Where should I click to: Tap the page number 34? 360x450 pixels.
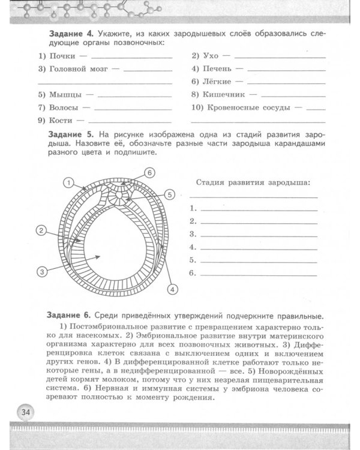click(26, 412)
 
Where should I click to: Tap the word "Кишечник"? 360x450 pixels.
click(225, 94)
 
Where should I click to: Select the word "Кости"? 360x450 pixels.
click(61, 121)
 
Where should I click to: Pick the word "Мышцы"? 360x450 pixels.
click(65, 94)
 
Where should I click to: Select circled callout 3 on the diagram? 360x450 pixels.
click(42, 272)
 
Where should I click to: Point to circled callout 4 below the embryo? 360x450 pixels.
click(172, 290)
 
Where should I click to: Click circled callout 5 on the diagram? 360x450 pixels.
click(170, 194)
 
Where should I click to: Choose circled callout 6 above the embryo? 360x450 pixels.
click(150, 173)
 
